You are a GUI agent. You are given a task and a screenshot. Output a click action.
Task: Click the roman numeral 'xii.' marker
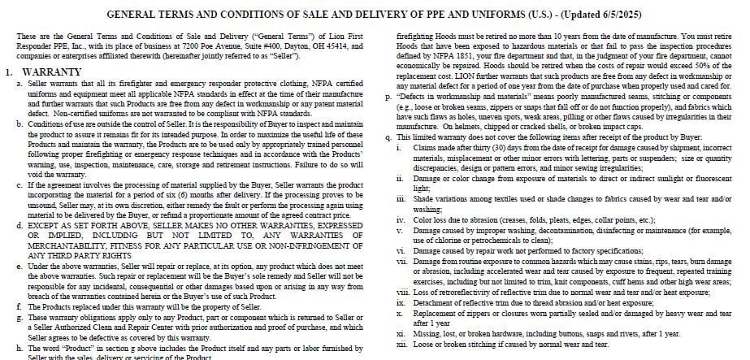pos(401,344)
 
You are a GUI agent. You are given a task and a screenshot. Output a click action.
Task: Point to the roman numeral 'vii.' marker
pos(401,260)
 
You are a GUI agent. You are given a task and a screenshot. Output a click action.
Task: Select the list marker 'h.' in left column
pos(20,348)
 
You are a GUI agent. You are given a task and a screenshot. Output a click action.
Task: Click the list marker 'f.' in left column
pos(20,306)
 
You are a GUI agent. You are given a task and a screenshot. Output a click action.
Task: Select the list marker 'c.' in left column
pos(20,185)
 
